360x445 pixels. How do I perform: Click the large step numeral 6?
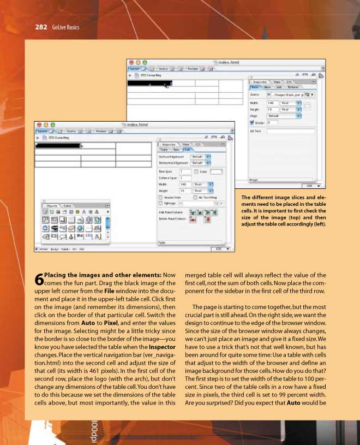[39, 280]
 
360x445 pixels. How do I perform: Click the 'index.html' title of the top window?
[229, 63]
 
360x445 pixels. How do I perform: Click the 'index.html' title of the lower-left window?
[136, 125]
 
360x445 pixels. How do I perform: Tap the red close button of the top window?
[130, 63]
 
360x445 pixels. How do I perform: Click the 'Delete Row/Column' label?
[171, 219]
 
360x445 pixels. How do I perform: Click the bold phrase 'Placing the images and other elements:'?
[103, 275]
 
